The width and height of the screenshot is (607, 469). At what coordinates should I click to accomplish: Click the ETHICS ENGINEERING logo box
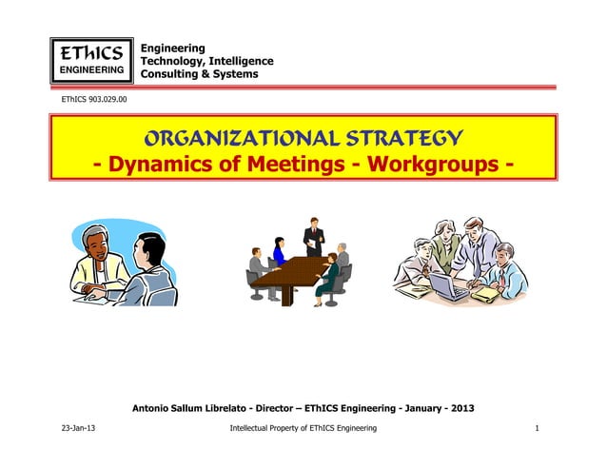tap(91, 57)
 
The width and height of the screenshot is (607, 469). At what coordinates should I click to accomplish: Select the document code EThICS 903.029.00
tap(96, 99)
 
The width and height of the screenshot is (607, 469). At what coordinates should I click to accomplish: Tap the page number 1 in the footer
tap(538, 429)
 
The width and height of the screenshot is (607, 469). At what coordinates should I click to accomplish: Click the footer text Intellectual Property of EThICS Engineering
tap(303, 429)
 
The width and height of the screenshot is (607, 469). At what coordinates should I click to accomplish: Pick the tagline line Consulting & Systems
tap(199, 74)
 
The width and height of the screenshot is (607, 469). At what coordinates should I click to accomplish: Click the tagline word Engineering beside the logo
tap(172, 48)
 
